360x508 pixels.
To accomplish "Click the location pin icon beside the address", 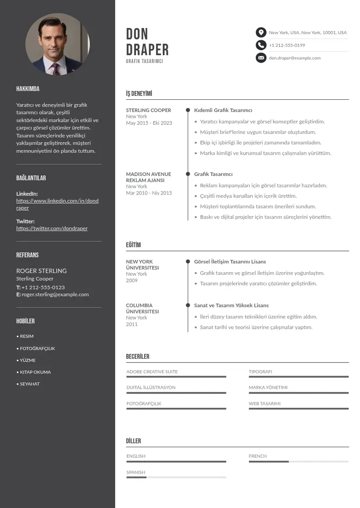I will pyautogui.click(x=261, y=32).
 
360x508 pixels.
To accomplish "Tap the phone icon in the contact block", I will pyautogui.click(x=261, y=45).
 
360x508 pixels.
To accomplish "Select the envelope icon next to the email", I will pyautogui.click(x=261, y=58).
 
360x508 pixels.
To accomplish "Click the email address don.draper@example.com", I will pyautogui.click(x=294, y=58).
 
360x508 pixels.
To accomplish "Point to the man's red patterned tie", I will pyautogui.click(x=56, y=68).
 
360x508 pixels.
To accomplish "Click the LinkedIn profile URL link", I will pyautogui.click(x=57, y=204).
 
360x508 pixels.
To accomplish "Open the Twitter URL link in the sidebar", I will pyautogui.click(x=52, y=228).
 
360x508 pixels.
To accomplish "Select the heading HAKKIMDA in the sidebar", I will pyautogui.click(x=28, y=89).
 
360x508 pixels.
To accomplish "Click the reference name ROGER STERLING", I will pyautogui.click(x=41, y=271).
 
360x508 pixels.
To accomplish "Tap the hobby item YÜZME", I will pyautogui.click(x=28, y=360).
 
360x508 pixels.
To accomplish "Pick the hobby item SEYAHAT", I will pyautogui.click(x=29, y=384).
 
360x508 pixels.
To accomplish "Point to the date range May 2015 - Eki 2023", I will pyautogui.click(x=149, y=123).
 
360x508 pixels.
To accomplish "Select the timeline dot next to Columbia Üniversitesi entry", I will pyautogui.click(x=188, y=305).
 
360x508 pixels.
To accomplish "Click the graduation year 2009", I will pyautogui.click(x=131, y=280).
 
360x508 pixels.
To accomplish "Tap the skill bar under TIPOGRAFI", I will pyautogui.click(x=298, y=376).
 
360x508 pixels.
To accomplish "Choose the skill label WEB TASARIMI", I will pyautogui.click(x=264, y=403).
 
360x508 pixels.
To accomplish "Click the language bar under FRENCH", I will pyautogui.click(x=298, y=462).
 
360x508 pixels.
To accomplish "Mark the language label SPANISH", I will pyautogui.click(x=136, y=472).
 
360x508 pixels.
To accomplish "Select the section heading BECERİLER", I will pyautogui.click(x=137, y=357).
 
